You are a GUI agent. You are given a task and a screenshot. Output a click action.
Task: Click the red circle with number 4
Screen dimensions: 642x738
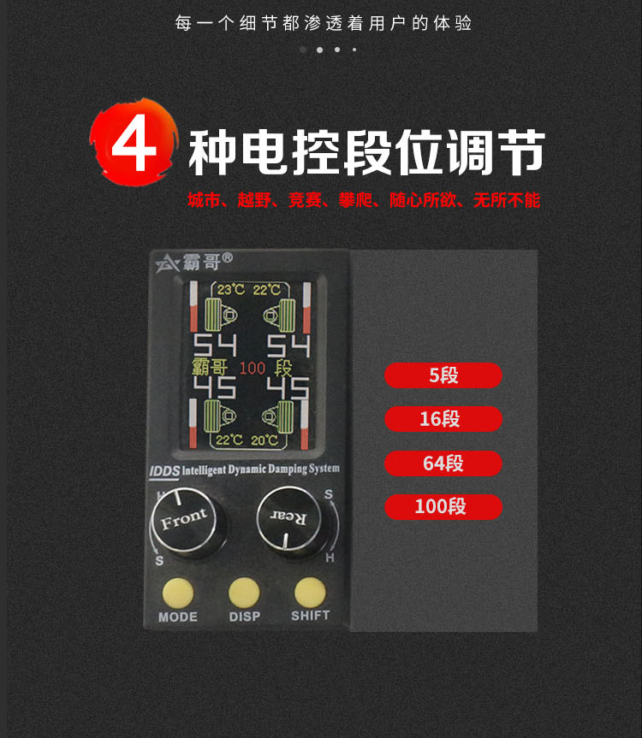(134, 142)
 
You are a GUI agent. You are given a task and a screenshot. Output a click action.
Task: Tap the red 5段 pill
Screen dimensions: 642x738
(443, 375)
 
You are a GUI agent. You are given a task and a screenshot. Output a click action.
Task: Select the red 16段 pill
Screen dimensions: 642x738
(443, 419)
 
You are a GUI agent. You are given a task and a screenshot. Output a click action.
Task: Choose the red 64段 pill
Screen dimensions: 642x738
(443, 463)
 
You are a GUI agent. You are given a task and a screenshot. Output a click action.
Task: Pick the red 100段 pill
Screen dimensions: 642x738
(443, 507)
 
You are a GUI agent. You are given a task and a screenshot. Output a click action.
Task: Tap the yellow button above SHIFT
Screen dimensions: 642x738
(310, 593)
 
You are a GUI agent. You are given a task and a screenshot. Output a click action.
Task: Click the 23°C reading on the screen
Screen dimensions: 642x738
(231, 289)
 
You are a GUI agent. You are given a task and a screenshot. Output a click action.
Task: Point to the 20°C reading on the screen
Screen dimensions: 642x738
(265, 440)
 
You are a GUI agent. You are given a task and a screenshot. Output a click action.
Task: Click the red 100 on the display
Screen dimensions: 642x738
(253, 368)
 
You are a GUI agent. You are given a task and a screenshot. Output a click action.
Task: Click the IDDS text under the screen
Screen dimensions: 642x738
(164, 471)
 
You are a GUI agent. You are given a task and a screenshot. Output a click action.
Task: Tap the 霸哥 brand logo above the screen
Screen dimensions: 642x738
(194, 263)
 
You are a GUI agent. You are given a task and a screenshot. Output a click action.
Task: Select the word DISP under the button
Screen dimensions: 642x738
(245, 617)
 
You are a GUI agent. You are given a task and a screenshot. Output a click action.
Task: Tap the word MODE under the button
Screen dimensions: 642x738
(177, 617)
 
